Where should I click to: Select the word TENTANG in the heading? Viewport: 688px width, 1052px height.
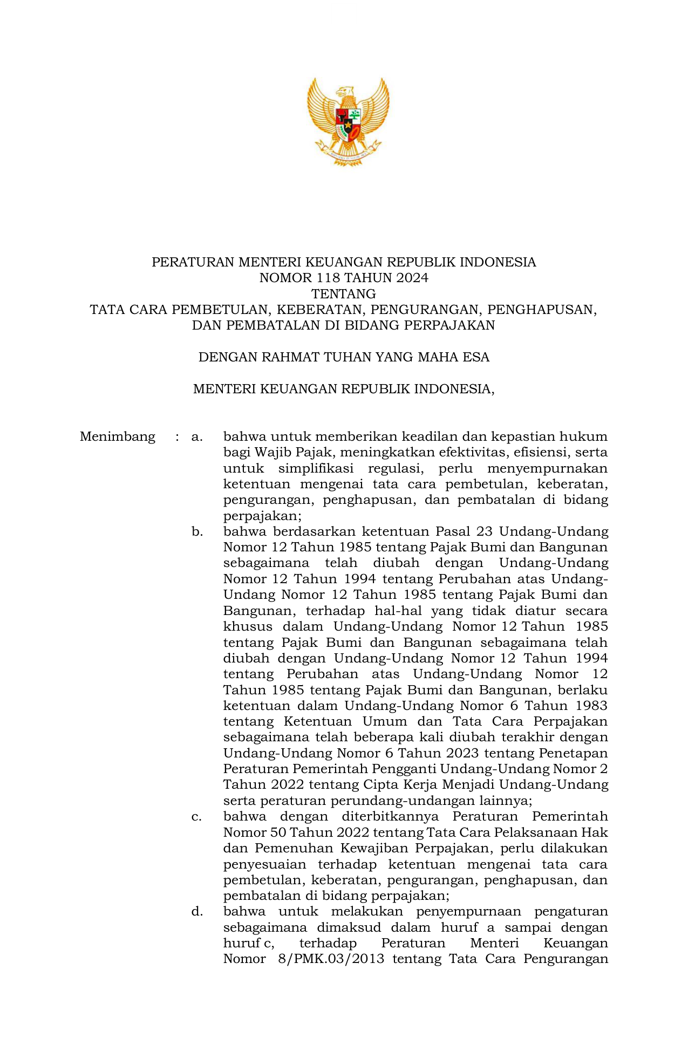pos(344,294)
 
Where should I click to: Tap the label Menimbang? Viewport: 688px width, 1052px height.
pos(118,436)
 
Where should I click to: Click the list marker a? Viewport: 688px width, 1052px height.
pos(197,436)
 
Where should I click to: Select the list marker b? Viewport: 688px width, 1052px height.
pos(197,532)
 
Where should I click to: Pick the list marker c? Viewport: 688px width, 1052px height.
pos(197,817)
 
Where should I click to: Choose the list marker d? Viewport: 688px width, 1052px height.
pos(197,912)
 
